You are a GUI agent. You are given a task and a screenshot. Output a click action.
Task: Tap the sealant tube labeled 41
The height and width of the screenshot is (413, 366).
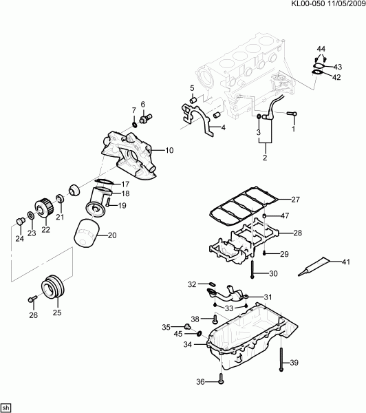(x=313, y=266)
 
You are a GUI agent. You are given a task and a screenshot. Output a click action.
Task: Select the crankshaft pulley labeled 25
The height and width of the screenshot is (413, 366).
(x=52, y=286)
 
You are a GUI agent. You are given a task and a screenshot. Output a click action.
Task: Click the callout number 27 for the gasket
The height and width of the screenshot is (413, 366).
(x=295, y=200)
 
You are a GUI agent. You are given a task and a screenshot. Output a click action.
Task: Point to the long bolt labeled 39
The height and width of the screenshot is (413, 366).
(x=281, y=359)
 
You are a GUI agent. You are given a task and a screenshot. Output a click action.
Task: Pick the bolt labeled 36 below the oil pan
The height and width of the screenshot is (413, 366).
(x=221, y=378)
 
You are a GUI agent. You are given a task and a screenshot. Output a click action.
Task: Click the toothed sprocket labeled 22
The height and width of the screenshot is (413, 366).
(x=44, y=208)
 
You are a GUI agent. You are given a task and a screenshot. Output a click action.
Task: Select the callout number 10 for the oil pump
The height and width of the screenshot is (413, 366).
(x=169, y=150)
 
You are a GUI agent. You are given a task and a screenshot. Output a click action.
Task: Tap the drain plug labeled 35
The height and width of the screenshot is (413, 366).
(x=187, y=326)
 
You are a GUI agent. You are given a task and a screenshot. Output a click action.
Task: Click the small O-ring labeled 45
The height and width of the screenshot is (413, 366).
(x=199, y=334)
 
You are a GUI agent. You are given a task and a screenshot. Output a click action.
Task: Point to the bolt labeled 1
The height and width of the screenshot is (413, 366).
(x=291, y=114)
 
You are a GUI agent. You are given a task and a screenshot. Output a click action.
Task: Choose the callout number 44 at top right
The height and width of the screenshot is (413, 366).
(x=321, y=49)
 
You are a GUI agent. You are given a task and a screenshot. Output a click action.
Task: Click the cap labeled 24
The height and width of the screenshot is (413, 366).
(x=20, y=221)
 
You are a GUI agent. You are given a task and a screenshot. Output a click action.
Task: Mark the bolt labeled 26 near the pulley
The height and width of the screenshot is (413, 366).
(x=32, y=299)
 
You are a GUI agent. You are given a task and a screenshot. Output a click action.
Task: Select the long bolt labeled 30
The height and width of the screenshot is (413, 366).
(x=252, y=269)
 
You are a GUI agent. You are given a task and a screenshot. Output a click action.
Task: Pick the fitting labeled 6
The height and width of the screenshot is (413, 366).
(x=146, y=118)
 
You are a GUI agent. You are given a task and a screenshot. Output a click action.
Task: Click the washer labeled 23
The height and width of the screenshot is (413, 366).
(x=31, y=215)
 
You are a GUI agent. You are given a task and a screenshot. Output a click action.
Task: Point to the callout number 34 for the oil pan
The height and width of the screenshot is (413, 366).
(x=188, y=344)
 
